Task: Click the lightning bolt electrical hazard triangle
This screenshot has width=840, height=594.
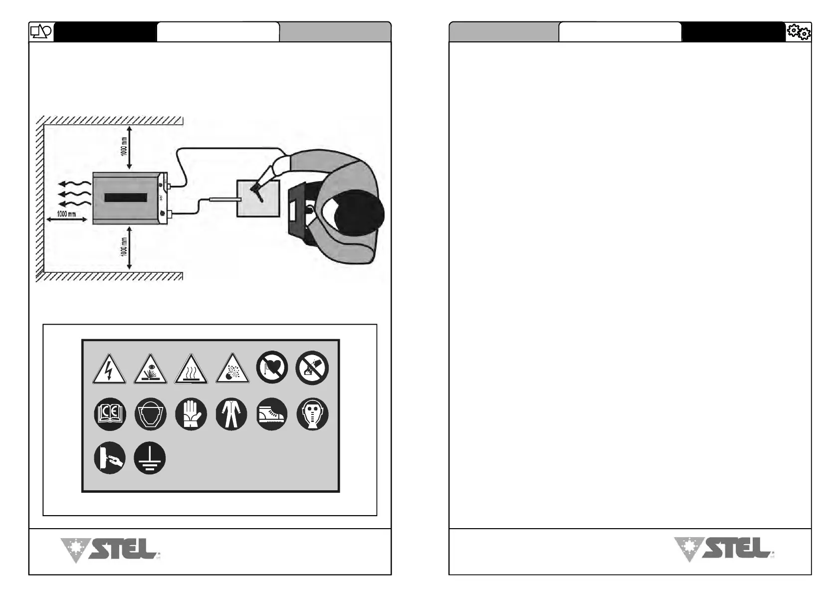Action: (x=109, y=370)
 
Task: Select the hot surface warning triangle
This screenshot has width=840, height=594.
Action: (x=191, y=370)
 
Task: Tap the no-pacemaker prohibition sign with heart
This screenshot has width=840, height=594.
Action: (x=272, y=368)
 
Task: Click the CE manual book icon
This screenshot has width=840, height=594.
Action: (x=110, y=414)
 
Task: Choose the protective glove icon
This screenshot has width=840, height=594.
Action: (x=191, y=414)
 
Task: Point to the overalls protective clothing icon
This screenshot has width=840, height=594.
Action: (x=231, y=414)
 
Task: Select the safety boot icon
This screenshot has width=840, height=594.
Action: (x=272, y=414)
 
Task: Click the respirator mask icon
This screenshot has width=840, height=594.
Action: (x=312, y=414)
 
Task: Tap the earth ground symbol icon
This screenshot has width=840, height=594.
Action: (x=150, y=458)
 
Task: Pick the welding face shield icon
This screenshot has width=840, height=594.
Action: (x=150, y=414)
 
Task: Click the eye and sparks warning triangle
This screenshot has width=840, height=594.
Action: (x=150, y=370)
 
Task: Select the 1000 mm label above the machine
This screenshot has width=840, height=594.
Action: (x=124, y=147)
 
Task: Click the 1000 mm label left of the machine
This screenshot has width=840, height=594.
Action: (x=66, y=213)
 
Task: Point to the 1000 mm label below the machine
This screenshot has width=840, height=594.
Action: (x=124, y=247)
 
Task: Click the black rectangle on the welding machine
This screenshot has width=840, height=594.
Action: (x=126, y=198)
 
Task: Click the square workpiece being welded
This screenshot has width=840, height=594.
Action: (x=258, y=198)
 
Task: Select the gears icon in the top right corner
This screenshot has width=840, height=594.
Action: (x=798, y=32)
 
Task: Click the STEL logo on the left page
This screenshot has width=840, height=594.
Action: (x=110, y=550)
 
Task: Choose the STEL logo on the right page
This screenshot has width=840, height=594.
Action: (x=724, y=549)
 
